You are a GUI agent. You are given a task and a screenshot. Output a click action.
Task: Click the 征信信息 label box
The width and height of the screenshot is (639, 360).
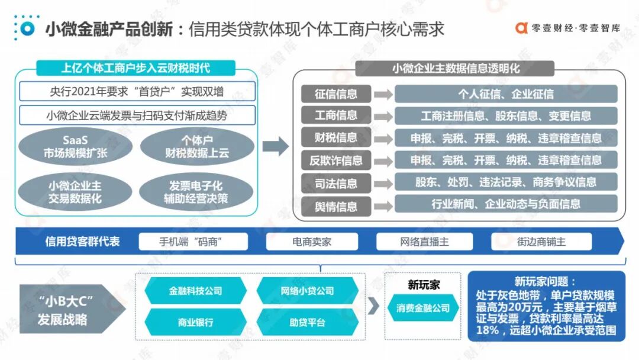[336, 94]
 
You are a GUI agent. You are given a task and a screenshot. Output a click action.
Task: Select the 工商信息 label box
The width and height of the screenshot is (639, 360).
[336, 115]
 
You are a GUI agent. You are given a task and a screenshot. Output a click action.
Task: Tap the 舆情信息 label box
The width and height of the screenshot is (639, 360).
[336, 205]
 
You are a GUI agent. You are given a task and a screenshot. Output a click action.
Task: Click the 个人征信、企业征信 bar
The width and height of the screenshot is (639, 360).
[506, 94]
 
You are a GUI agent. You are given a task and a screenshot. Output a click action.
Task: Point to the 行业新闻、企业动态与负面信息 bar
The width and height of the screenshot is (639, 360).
[506, 204]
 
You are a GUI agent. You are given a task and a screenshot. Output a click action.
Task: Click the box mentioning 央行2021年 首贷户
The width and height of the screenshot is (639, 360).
[137, 92]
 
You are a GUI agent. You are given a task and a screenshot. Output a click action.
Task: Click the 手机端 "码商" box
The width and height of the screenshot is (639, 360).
[195, 242]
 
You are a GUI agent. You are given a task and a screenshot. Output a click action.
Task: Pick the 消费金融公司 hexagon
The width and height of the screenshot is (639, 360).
[422, 308]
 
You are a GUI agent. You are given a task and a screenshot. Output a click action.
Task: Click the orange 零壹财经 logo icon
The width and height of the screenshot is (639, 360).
[521, 28]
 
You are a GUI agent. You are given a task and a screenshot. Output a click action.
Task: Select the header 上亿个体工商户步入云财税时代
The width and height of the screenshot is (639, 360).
[135, 67]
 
